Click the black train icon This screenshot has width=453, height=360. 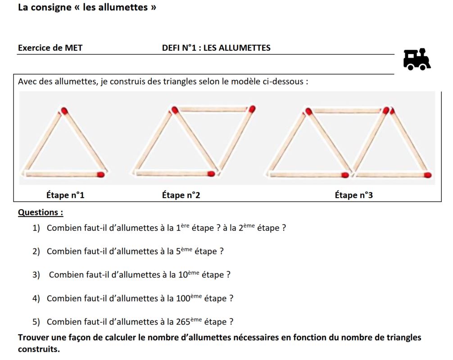click(x=417, y=60)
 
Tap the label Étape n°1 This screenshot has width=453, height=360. click(x=65, y=195)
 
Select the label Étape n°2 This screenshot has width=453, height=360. click(x=181, y=195)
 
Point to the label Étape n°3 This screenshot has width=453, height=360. click(x=353, y=195)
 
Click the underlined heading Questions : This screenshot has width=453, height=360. click(x=41, y=212)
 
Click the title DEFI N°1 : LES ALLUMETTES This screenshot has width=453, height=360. click(x=216, y=48)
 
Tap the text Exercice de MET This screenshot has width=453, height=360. click(x=50, y=48)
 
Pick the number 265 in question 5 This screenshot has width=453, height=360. click(x=183, y=322)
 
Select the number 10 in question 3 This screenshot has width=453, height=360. click(x=183, y=275)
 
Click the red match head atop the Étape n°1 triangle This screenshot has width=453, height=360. click(x=64, y=110)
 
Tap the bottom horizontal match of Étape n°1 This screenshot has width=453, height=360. click(x=63, y=174)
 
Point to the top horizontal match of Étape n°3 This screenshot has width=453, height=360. click(x=346, y=110)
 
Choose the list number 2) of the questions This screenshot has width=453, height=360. click(x=36, y=252)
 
